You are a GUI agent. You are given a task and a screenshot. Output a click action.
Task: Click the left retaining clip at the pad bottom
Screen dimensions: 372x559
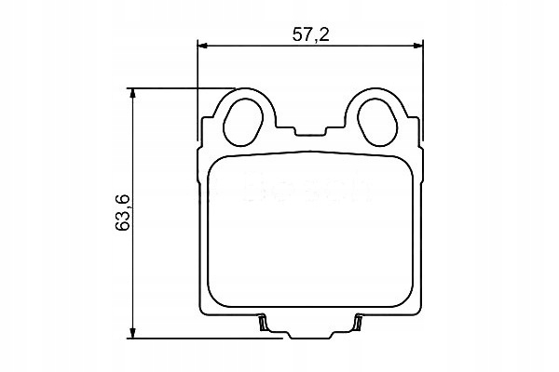[263, 323]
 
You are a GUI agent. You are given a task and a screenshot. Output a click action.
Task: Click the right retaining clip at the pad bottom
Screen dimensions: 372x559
[358, 323]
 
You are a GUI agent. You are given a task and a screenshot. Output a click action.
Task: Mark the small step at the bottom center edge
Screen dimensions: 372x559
[310, 333]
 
